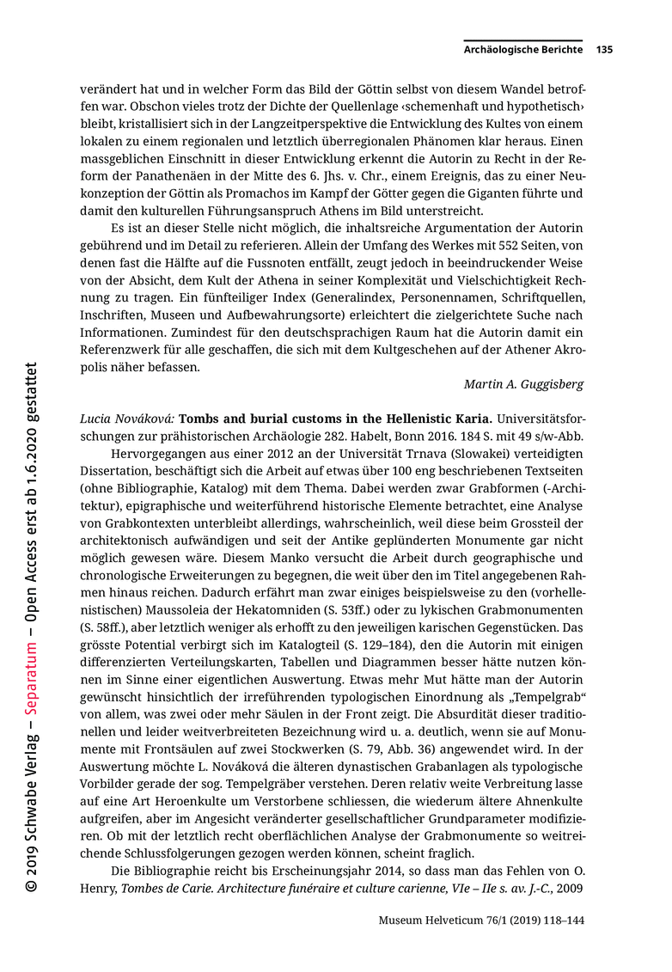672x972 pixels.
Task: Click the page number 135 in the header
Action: tap(604, 50)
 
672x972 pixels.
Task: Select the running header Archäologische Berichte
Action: tap(523, 50)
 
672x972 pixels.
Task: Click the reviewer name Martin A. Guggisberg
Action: tap(524, 384)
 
